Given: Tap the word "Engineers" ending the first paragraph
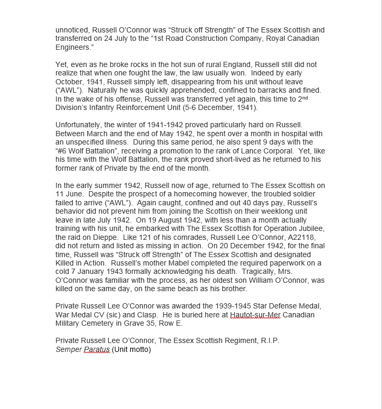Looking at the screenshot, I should (76, 47).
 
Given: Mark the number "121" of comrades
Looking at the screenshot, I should (136, 237).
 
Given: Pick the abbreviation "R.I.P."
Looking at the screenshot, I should (270, 340).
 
